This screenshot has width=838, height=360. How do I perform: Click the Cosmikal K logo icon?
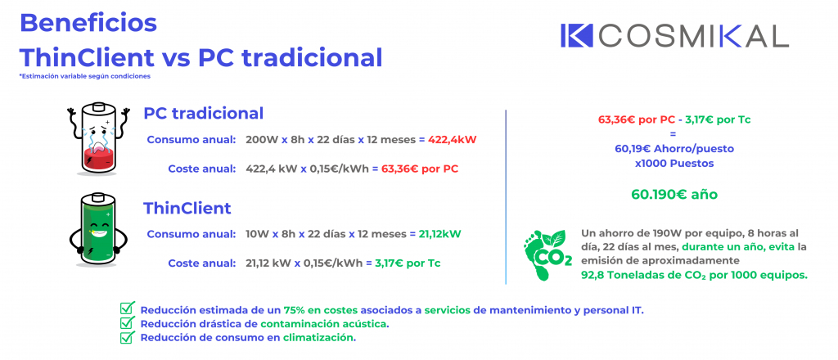pyautogui.click(x=577, y=36)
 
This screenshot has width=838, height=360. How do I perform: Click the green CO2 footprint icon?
pyautogui.click(x=547, y=254)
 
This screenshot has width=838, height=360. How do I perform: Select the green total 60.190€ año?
pyautogui.click(x=674, y=195)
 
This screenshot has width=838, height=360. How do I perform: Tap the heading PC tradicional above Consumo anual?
pyautogui.click(x=203, y=113)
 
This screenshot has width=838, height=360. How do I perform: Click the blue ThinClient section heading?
pyautogui.click(x=187, y=208)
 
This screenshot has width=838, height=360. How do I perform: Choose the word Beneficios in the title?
pyautogui.click(x=88, y=23)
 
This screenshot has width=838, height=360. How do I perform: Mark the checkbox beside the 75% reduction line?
pyautogui.click(x=127, y=308)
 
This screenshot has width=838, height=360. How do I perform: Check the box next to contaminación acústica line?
pyautogui.click(x=127, y=322)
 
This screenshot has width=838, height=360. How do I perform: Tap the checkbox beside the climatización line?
pyautogui.click(x=127, y=336)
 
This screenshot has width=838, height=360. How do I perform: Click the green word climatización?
pyautogui.click(x=319, y=338)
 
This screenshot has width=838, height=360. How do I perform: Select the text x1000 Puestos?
pyautogui.click(x=674, y=164)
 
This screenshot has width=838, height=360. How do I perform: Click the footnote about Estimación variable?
pyautogui.click(x=84, y=76)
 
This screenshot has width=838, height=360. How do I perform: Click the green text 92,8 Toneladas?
pyautogui.click(x=621, y=276)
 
